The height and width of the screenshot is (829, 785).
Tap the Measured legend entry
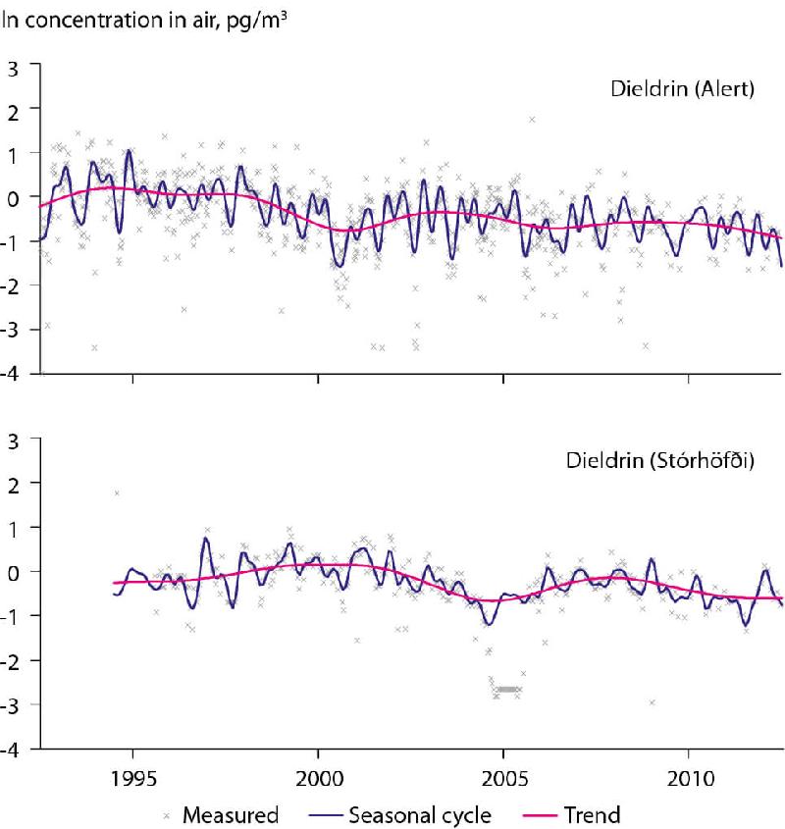(223, 813)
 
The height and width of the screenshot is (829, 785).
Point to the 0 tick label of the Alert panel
(12, 198)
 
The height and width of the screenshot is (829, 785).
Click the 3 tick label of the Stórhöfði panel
(12, 439)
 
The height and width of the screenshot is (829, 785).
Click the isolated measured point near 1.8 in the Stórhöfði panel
(117, 493)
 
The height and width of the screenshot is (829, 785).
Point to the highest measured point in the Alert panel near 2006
(532, 120)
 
